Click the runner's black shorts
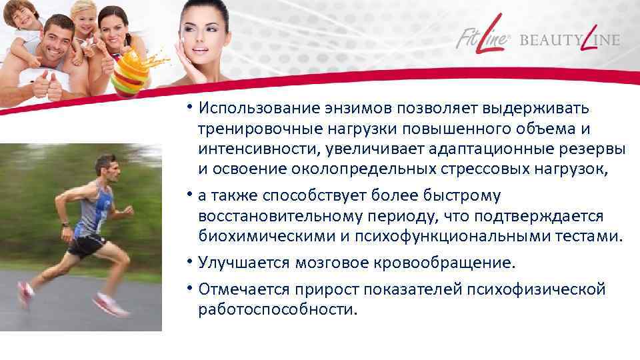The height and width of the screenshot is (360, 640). (x=87, y=245)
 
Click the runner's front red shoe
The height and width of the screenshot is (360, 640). (x=109, y=306)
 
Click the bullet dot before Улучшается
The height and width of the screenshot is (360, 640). (x=190, y=262)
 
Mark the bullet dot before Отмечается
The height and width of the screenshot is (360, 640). (x=190, y=289)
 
